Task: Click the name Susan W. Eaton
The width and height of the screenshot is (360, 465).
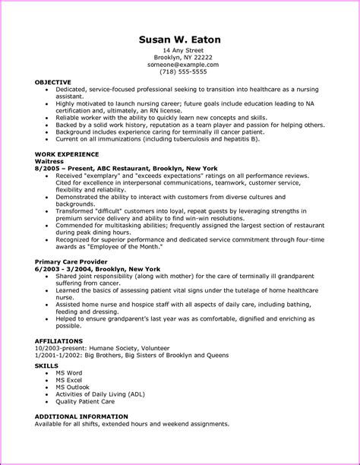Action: [x=180, y=39]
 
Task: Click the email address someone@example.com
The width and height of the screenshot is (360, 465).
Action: [x=180, y=65]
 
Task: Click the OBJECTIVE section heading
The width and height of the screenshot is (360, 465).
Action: [x=53, y=82]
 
